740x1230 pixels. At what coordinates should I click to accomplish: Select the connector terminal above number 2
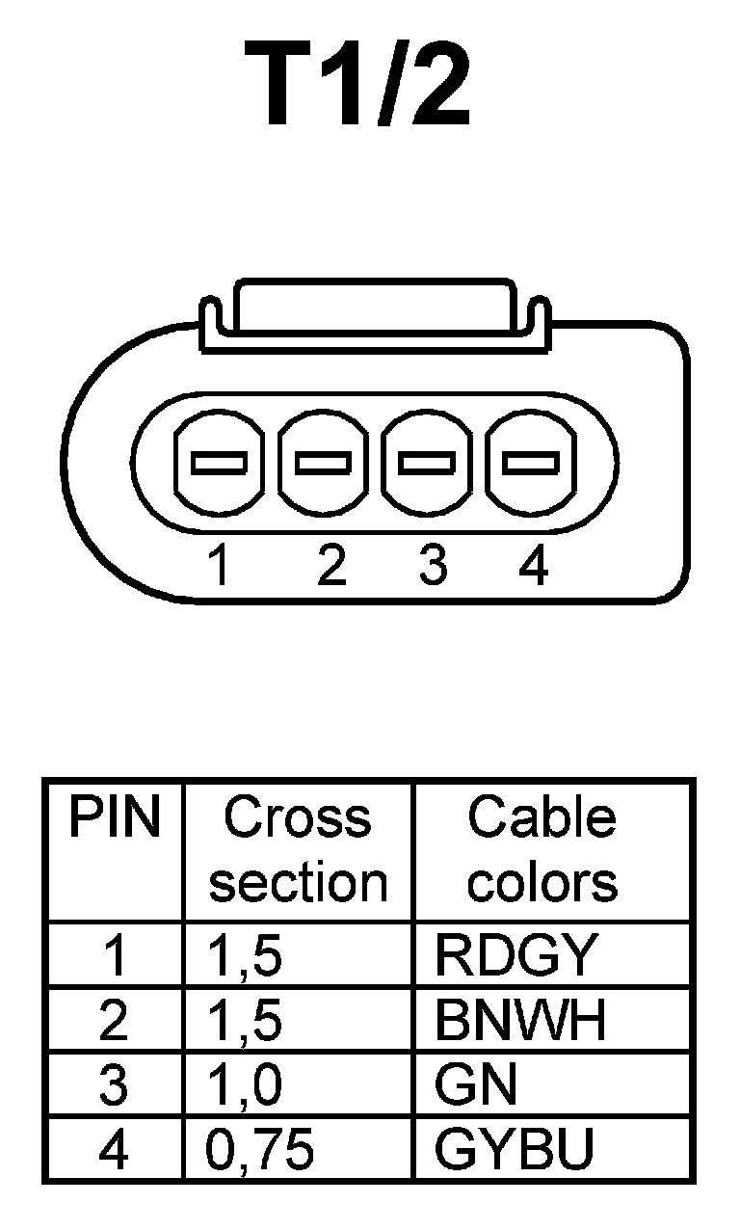(x=322, y=463)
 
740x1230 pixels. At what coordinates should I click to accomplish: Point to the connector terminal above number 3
(x=426, y=463)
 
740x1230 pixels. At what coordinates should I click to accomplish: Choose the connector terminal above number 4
(x=530, y=463)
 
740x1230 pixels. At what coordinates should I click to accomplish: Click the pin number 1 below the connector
(x=220, y=565)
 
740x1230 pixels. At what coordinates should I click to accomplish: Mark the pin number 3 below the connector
(x=433, y=565)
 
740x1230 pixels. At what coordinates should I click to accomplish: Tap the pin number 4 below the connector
(x=533, y=565)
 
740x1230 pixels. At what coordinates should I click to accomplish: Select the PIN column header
(x=114, y=817)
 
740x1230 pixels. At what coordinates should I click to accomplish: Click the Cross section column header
(x=297, y=850)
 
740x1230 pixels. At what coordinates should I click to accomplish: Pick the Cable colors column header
(x=542, y=850)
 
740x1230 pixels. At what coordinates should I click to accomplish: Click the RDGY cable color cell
(x=515, y=955)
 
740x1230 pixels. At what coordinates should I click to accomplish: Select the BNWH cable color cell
(x=520, y=1020)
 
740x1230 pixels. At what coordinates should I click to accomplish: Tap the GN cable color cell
(x=476, y=1084)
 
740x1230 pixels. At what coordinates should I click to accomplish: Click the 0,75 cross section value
(x=260, y=1149)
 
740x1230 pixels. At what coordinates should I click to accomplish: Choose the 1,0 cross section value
(x=245, y=1084)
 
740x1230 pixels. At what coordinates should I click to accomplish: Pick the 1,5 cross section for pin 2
(x=245, y=1020)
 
